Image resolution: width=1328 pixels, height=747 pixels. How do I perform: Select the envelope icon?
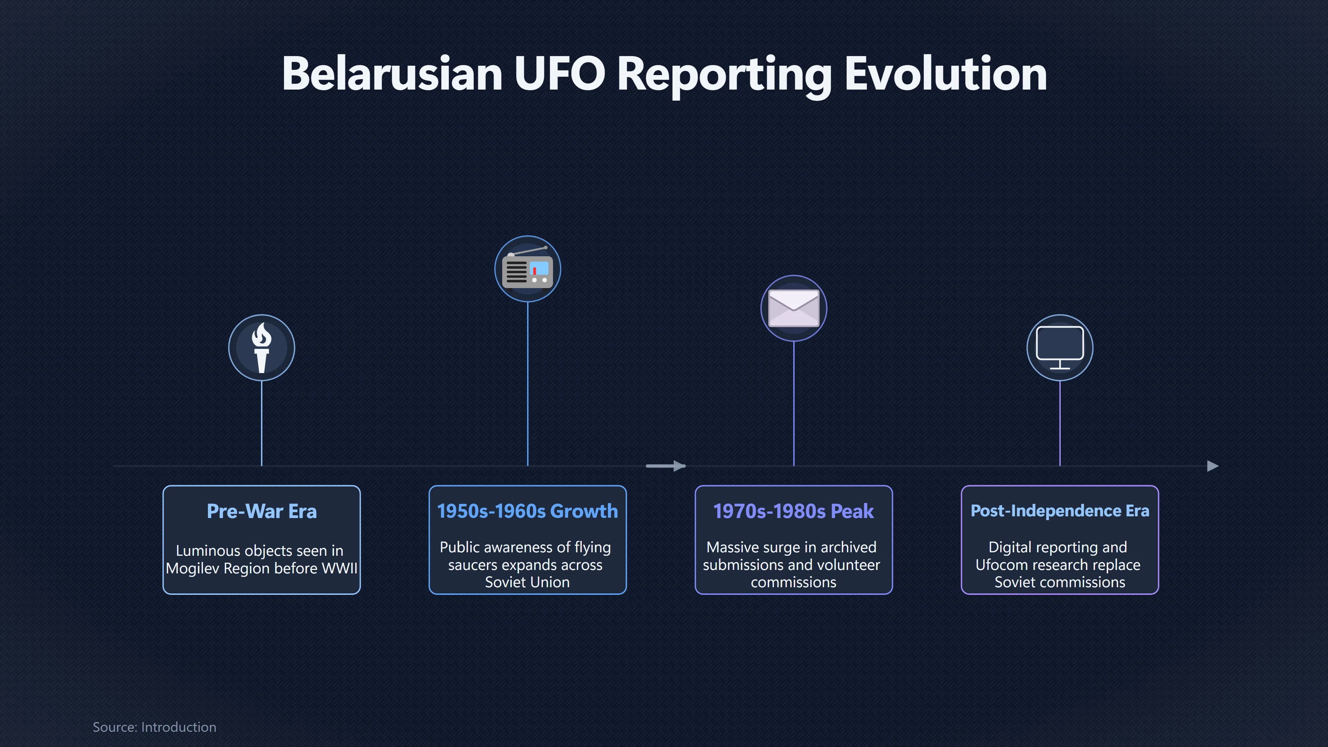coord(793,308)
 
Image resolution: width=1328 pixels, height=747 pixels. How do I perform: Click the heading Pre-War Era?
coord(261,511)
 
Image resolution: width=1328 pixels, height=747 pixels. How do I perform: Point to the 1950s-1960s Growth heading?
coord(527,511)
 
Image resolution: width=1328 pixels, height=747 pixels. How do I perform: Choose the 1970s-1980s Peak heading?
coord(793,511)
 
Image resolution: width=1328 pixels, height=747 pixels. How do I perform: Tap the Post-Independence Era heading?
coord(1059,510)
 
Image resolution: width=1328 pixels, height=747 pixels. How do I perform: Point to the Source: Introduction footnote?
coord(154,727)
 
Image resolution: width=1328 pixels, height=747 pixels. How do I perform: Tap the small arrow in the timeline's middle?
coord(665,466)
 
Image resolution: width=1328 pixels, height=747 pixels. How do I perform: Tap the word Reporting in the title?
coord(724,75)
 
